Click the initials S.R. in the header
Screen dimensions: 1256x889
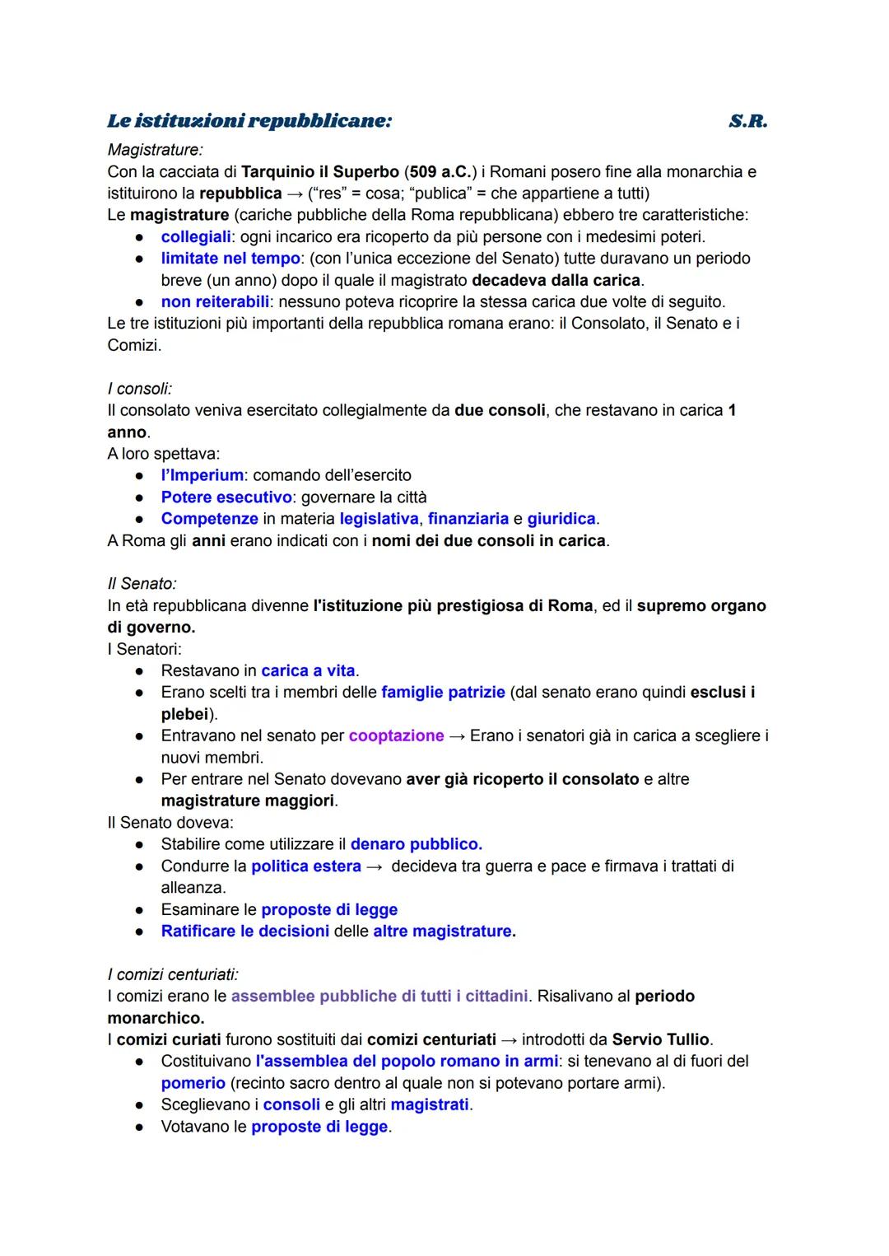click(747, 121)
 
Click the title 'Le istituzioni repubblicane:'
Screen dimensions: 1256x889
click(249, 121)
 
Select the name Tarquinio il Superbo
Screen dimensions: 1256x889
click(319, 172)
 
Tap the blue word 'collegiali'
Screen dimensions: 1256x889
click(196, 237)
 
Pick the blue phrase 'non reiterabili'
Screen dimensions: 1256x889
click(215, 301)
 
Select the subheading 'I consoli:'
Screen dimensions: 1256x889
click(140, 389)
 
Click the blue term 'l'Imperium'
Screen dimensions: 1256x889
click(202, 475)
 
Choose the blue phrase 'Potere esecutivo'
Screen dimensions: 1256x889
click(226, 497)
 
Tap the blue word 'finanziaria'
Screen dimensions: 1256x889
click(468, 519)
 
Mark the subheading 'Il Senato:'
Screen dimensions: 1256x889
click(142, 584)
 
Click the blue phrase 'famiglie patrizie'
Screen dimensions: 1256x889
click(443, 693)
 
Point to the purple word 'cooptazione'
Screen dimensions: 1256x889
click(396, 735)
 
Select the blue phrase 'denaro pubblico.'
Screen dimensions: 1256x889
click(416, 844)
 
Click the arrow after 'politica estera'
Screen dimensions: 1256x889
click(375, 866)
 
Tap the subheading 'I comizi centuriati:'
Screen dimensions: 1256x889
click(173, 974)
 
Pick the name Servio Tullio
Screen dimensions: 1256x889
click(662, 1039)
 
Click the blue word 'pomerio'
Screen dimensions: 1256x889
click(193, 1083)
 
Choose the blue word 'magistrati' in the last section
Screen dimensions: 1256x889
click(430, 1104)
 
